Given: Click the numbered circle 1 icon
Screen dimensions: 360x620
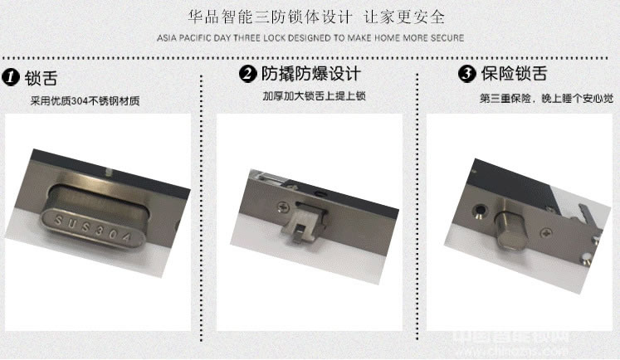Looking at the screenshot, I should point(12,78).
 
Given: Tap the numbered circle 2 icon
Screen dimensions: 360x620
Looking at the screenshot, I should point(247,75).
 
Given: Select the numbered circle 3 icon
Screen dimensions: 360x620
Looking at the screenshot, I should point(466,74).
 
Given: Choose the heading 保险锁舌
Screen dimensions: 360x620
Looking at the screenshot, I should point(514,74).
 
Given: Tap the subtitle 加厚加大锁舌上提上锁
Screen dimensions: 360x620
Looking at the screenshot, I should point(314,96).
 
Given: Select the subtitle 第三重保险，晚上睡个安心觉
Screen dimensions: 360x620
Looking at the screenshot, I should point(546,98).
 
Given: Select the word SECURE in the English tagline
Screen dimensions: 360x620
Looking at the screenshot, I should point(447,38).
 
